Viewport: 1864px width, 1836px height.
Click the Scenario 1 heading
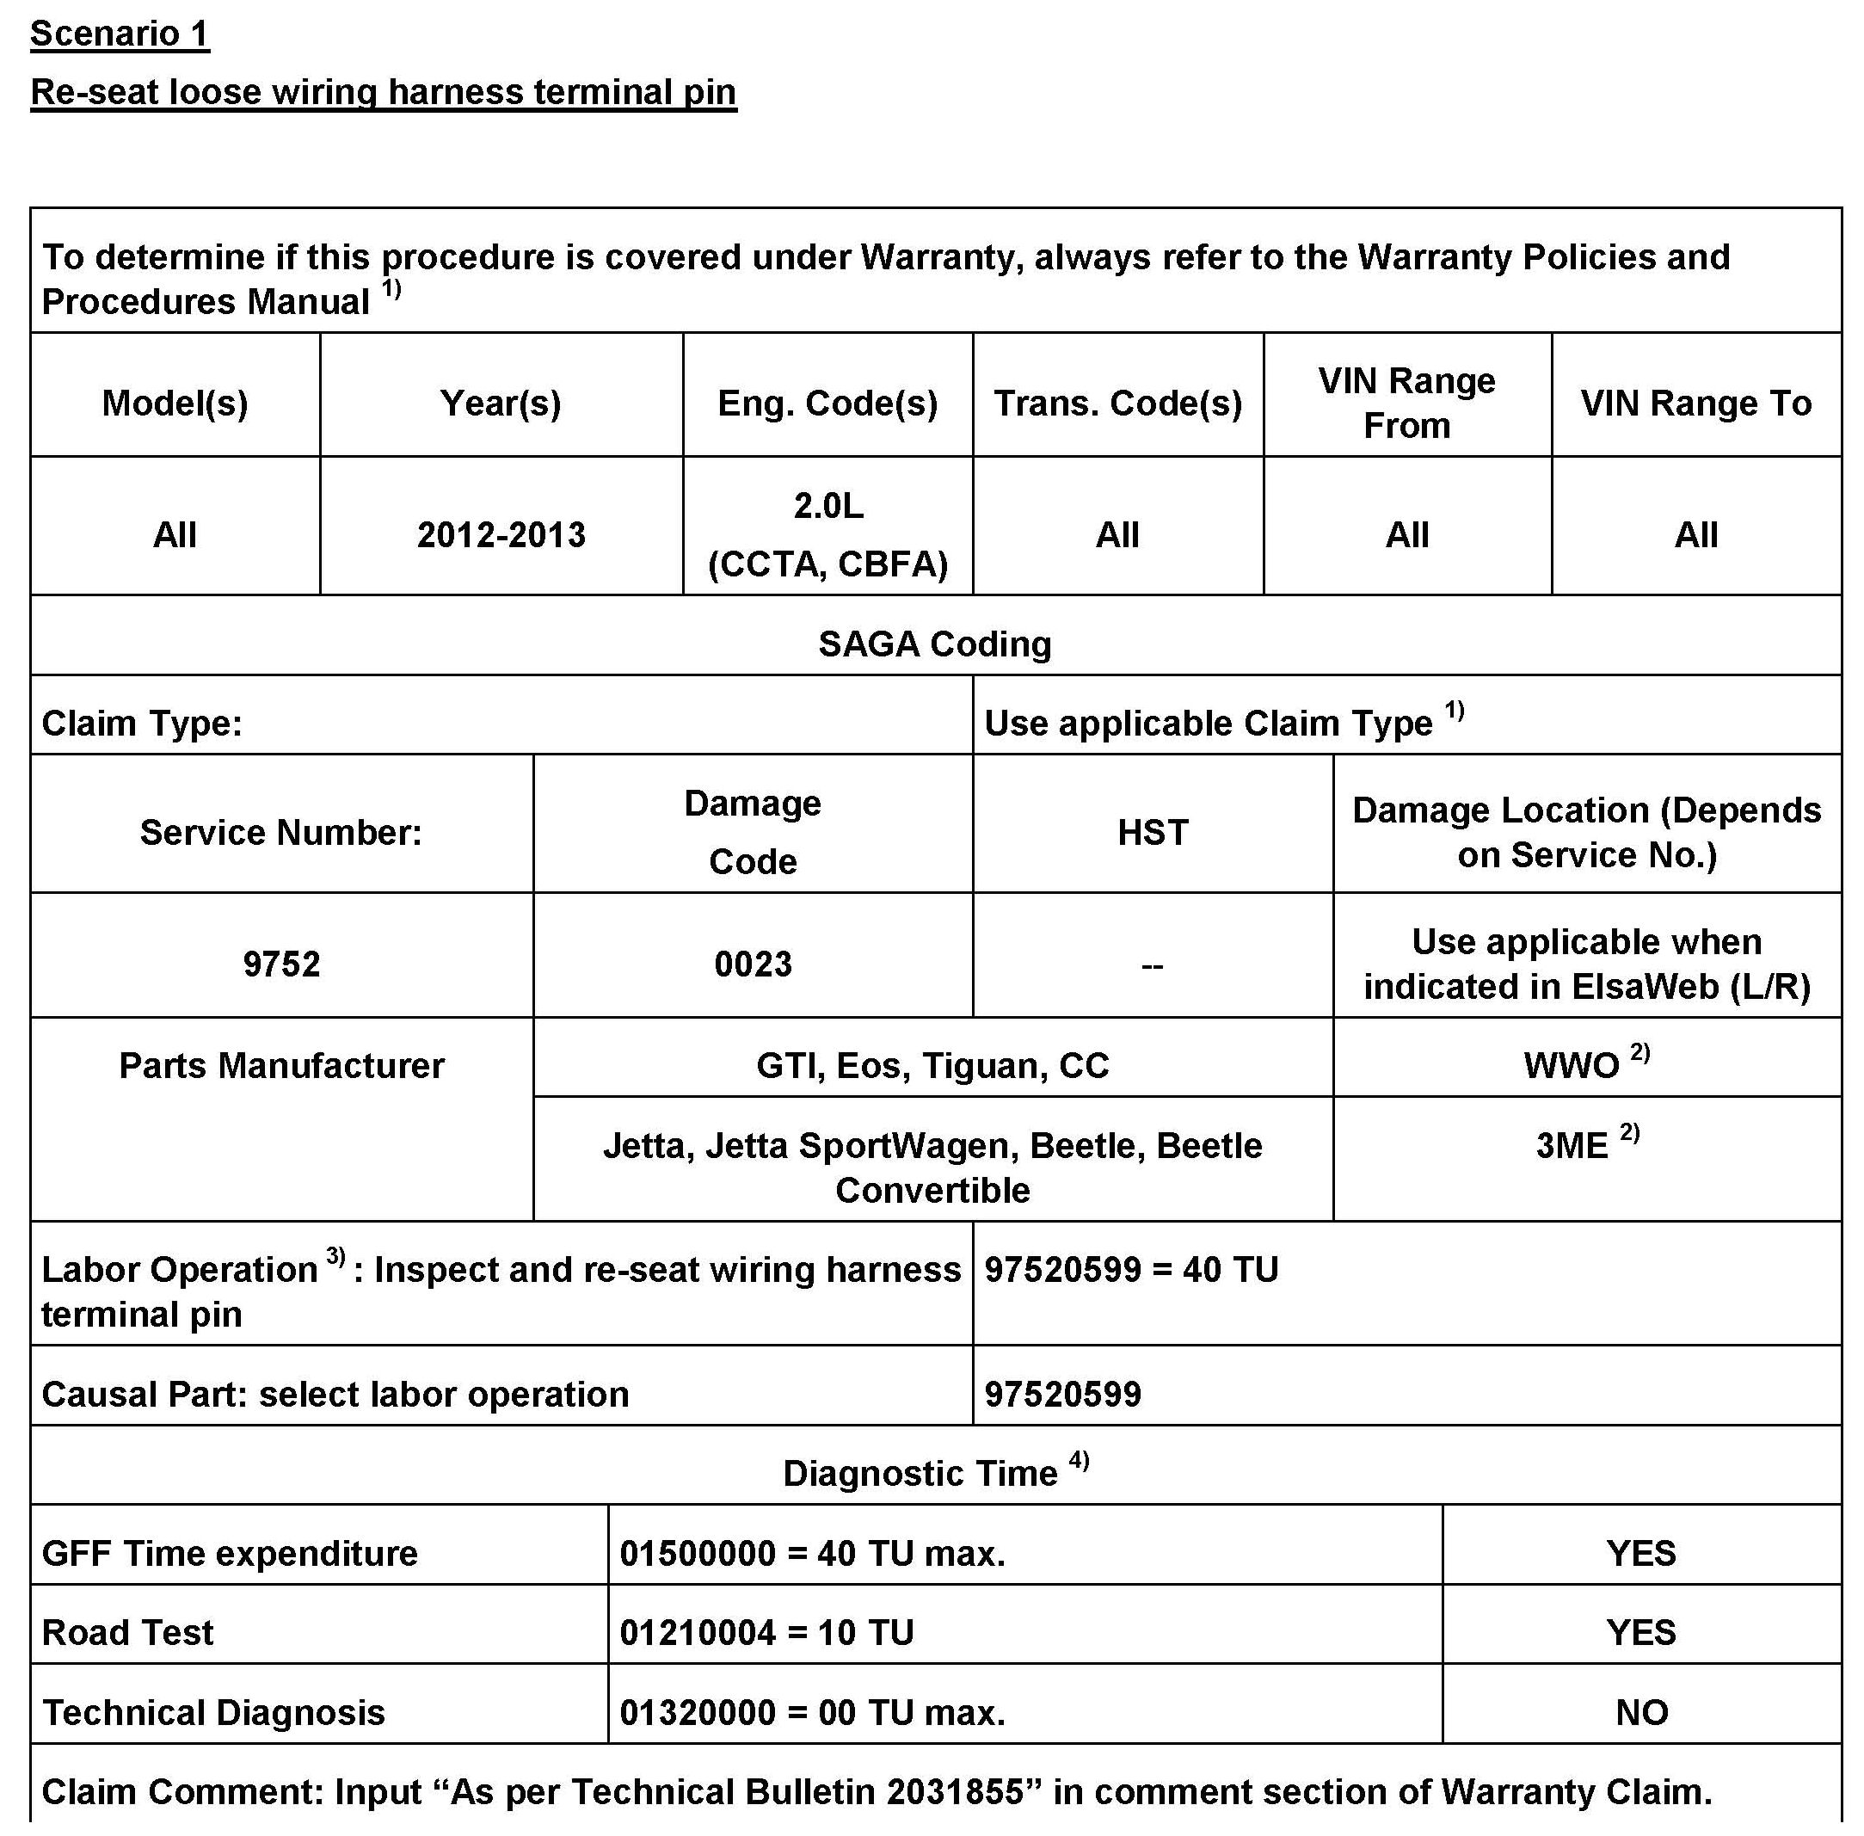pos(120,34)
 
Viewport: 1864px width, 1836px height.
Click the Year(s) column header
pos(501,403)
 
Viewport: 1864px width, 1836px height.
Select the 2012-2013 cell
pos(501,534)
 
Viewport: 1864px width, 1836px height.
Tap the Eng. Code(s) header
pos(827,403)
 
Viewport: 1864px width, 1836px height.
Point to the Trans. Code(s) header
pos(1117,403)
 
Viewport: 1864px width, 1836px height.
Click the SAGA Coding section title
pos(934,644)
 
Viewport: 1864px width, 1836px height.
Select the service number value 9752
pos(280,964)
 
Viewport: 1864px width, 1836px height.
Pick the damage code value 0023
pos(754,964)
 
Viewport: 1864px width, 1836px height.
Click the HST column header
pos(1153,831)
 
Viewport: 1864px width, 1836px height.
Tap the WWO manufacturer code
pos(1571,1065)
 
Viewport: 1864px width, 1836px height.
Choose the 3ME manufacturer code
pos(1572,1146)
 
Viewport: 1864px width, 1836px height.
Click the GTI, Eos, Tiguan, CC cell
pos(932,1065)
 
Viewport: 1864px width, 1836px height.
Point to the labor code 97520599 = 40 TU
pos(1131,1269)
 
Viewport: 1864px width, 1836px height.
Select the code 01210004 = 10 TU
pos(766,1633)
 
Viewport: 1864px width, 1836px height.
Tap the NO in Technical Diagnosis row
pos(1641,1713)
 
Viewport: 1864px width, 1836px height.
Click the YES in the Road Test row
pos(1641,1633)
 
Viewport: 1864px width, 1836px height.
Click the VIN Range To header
pos(1696,403)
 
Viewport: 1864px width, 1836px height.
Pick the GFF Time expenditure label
pos(230,1554)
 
